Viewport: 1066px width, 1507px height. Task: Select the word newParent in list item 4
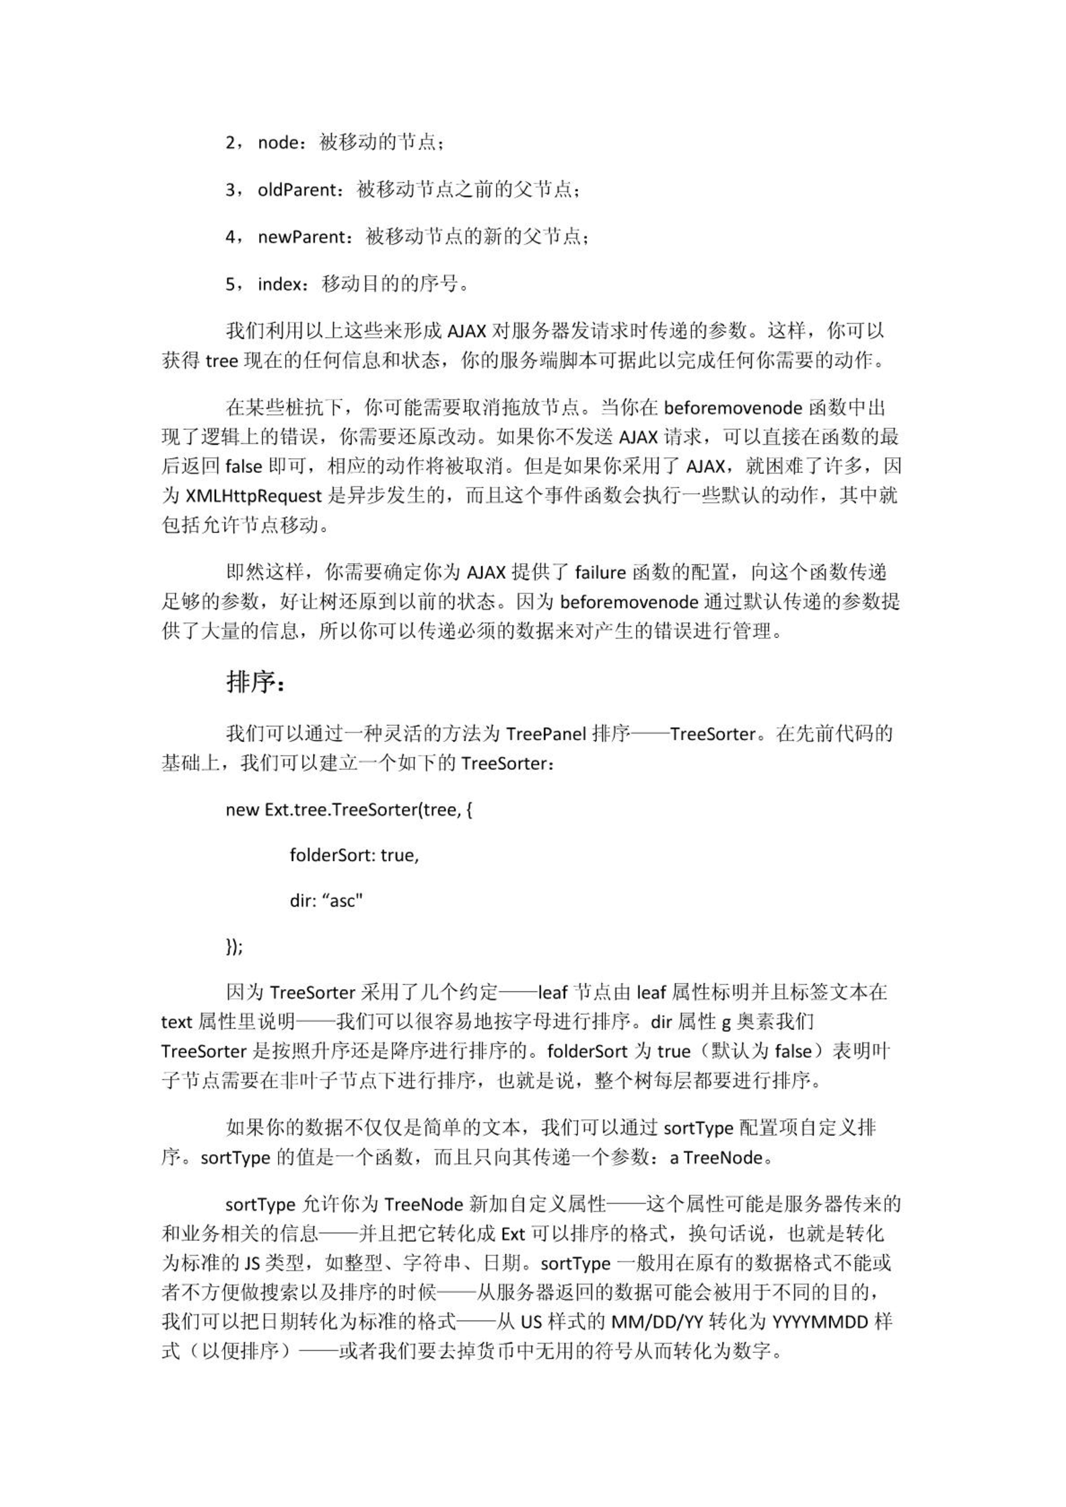pyautogui.click(x=301, y=237)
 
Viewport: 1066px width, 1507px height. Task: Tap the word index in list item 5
pyautogui.click(x=279, y=285)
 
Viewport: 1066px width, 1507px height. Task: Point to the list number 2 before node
pyautogui.click(x=230, y=143)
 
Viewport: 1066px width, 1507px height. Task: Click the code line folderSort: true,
pyautogui.click(x=354, y=855)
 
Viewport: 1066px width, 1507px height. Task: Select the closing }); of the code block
pyautogui.click(x=234, y=947)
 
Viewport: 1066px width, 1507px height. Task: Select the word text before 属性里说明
pyautogui.click(x=177, y=1023)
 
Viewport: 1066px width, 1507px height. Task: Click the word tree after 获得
pyautogui.click(x=222, y=362)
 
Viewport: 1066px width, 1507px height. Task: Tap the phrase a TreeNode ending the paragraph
pyautogui.click(x=716, y=1158)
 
